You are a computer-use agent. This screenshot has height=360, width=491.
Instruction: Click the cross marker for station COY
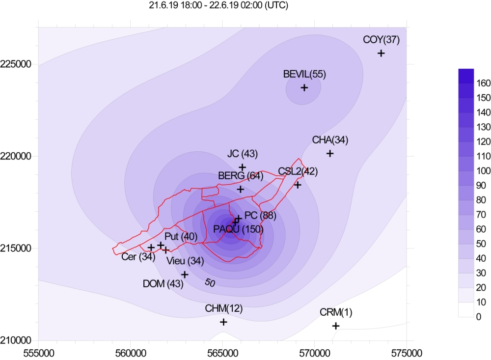(x=381, y=53)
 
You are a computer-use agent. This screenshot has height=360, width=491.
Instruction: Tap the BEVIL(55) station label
(x=304, y=75)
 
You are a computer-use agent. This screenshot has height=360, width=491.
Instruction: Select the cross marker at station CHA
(x=330, y=153)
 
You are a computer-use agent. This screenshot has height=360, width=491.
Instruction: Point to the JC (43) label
(x=242, y=154)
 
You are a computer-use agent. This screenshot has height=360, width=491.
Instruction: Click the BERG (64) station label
(x=241, y=175)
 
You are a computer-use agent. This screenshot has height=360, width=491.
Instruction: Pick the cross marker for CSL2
(x=298, y=185)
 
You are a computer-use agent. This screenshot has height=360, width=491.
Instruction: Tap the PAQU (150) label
(x=239, y=229)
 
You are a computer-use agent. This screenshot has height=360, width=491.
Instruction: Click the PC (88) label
(x=260, y=216)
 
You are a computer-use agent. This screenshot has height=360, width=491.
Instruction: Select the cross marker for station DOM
(x=185, y=275)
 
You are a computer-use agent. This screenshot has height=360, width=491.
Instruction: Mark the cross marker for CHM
(x=223, y=322)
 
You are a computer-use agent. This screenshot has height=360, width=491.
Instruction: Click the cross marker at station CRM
(x=336, y=326)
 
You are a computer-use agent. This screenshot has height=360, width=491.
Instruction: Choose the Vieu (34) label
(x=185, y=261)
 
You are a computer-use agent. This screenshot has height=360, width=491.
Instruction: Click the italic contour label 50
(x=210, y=283)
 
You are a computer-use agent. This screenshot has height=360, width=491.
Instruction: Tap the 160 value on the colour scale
(x=483, y=84)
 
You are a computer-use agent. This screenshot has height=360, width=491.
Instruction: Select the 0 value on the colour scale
(x=479, y=317)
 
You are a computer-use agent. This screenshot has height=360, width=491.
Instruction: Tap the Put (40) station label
(x=181, y=237)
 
